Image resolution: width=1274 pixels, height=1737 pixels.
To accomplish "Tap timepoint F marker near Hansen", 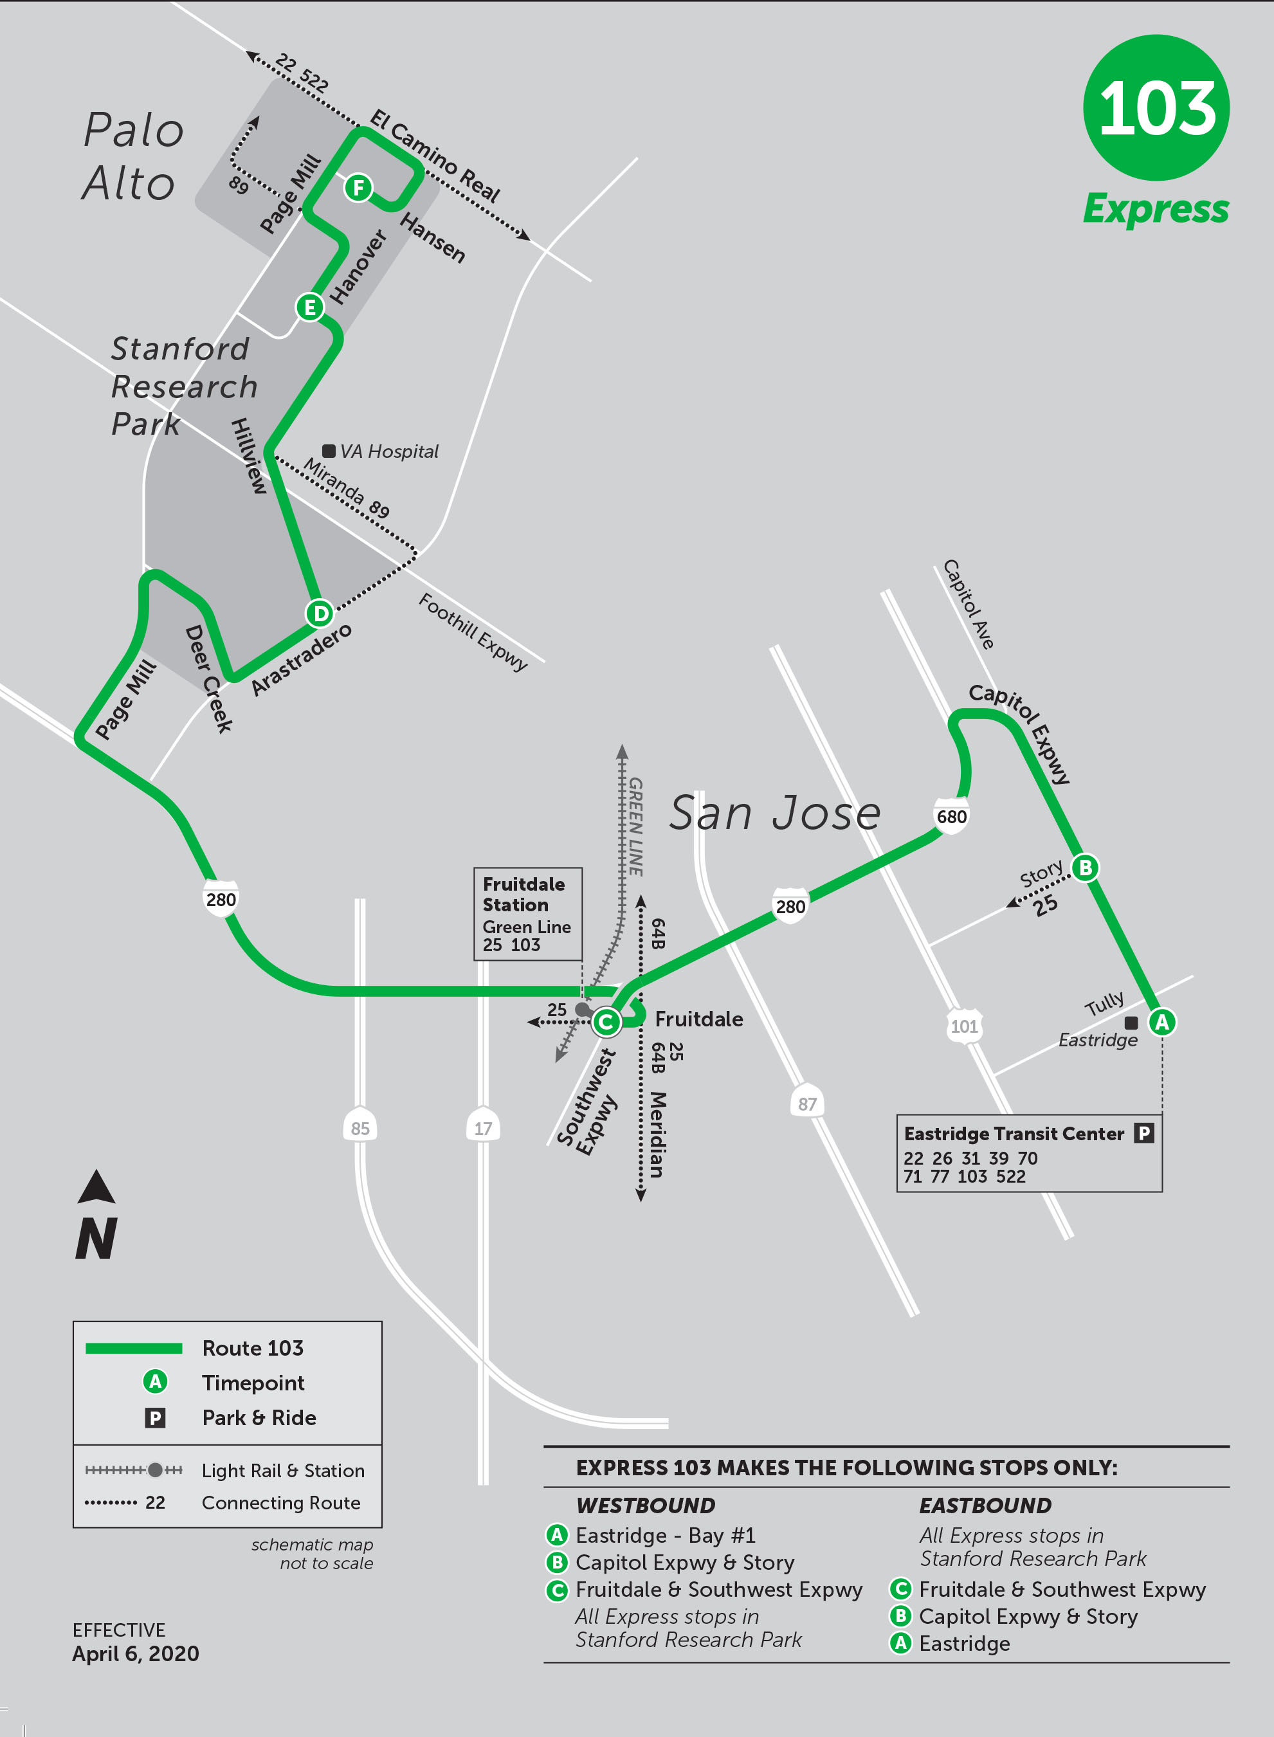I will tap(358, 187).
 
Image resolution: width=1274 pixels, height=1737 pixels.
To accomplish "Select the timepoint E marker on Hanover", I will tap(309, 307).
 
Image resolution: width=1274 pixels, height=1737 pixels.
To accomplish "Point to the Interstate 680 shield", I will tap(951, 817).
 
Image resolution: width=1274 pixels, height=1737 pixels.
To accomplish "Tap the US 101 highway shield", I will tap(964, 1026).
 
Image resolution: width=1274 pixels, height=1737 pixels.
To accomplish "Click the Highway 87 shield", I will tap(806, 1104).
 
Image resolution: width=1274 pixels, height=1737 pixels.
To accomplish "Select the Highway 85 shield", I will tap(360, 1128).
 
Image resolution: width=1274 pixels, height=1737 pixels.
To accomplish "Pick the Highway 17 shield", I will tap(483, 1128).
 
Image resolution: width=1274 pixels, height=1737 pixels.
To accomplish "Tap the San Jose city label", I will tap(774, 813).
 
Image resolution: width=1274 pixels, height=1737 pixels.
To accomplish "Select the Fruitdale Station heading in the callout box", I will tap(523, 895).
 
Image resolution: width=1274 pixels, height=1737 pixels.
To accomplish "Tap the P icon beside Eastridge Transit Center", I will tap(1143, 1132).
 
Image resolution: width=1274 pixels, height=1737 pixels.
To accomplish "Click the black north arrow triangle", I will tap(96, 1188).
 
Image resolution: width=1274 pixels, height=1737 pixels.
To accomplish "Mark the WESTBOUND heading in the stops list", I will tap(646, 1505).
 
